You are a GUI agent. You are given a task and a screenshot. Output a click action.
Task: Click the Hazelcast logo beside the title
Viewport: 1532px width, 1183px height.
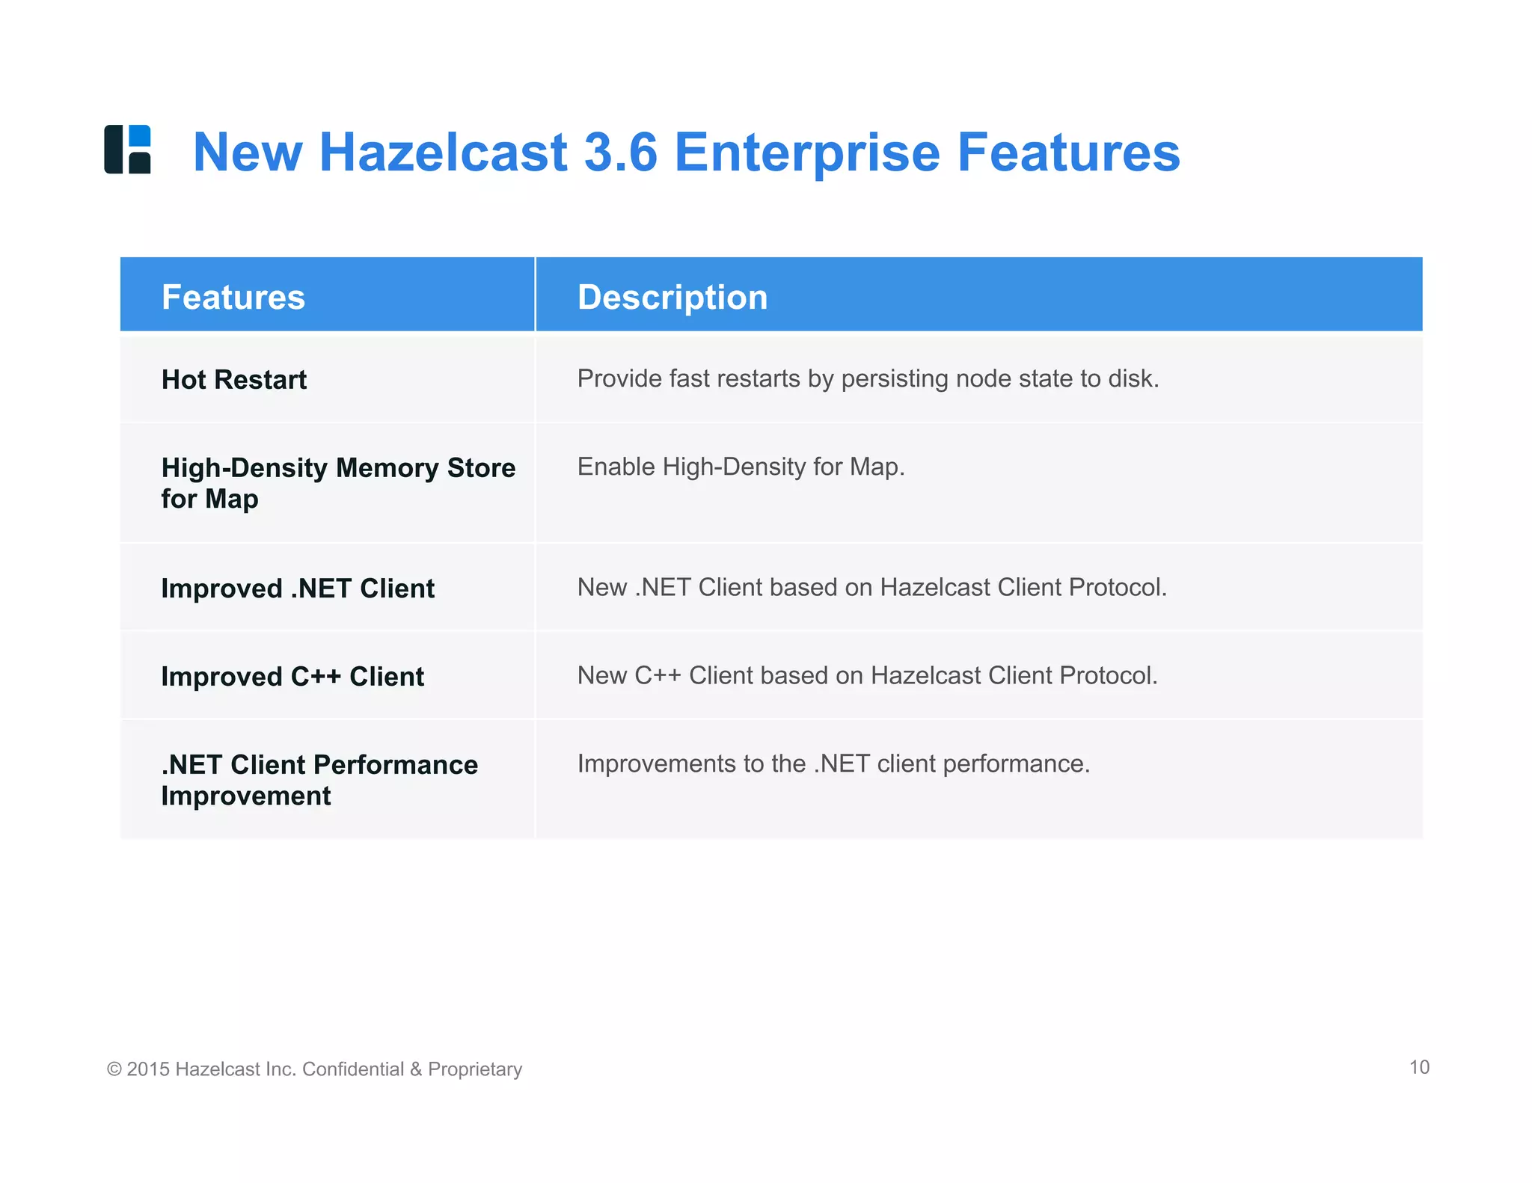(x=127, y=150)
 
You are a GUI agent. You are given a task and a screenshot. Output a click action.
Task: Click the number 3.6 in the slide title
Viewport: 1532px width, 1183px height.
(x=620, y=153)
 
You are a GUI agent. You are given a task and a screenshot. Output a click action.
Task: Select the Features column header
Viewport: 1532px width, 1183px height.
(x=233, y=297)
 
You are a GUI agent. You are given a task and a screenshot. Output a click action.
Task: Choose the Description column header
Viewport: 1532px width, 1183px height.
(x=672, y=297)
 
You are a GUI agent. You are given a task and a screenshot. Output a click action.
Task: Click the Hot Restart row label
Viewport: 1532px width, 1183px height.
(x=234, y=379)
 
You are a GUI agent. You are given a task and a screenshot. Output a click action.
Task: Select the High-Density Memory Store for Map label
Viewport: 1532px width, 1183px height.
(x=338, y=483)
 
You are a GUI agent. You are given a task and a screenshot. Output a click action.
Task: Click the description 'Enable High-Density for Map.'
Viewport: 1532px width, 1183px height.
(x=741, y=467)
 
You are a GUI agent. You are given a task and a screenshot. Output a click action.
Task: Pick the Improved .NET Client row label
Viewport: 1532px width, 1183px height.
(x=298, y=589)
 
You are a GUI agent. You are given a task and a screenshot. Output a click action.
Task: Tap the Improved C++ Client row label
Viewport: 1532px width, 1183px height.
(x=292, y=677)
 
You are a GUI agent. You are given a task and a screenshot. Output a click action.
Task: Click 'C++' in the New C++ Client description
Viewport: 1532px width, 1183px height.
(x=658, y=675)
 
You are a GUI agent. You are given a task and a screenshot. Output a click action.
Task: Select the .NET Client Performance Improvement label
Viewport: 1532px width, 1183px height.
(x=319, y=780)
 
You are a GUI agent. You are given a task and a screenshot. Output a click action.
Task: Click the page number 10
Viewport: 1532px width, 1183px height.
(x=1419, y=1067)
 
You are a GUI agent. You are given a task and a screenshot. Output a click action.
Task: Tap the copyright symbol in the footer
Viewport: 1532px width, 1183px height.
(x=114, y=1069)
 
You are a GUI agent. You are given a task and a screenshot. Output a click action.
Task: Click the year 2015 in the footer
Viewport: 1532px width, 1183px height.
(x=147, y=1069)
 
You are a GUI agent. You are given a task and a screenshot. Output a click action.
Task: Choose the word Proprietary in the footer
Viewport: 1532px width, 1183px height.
(x=475, y=1069)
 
